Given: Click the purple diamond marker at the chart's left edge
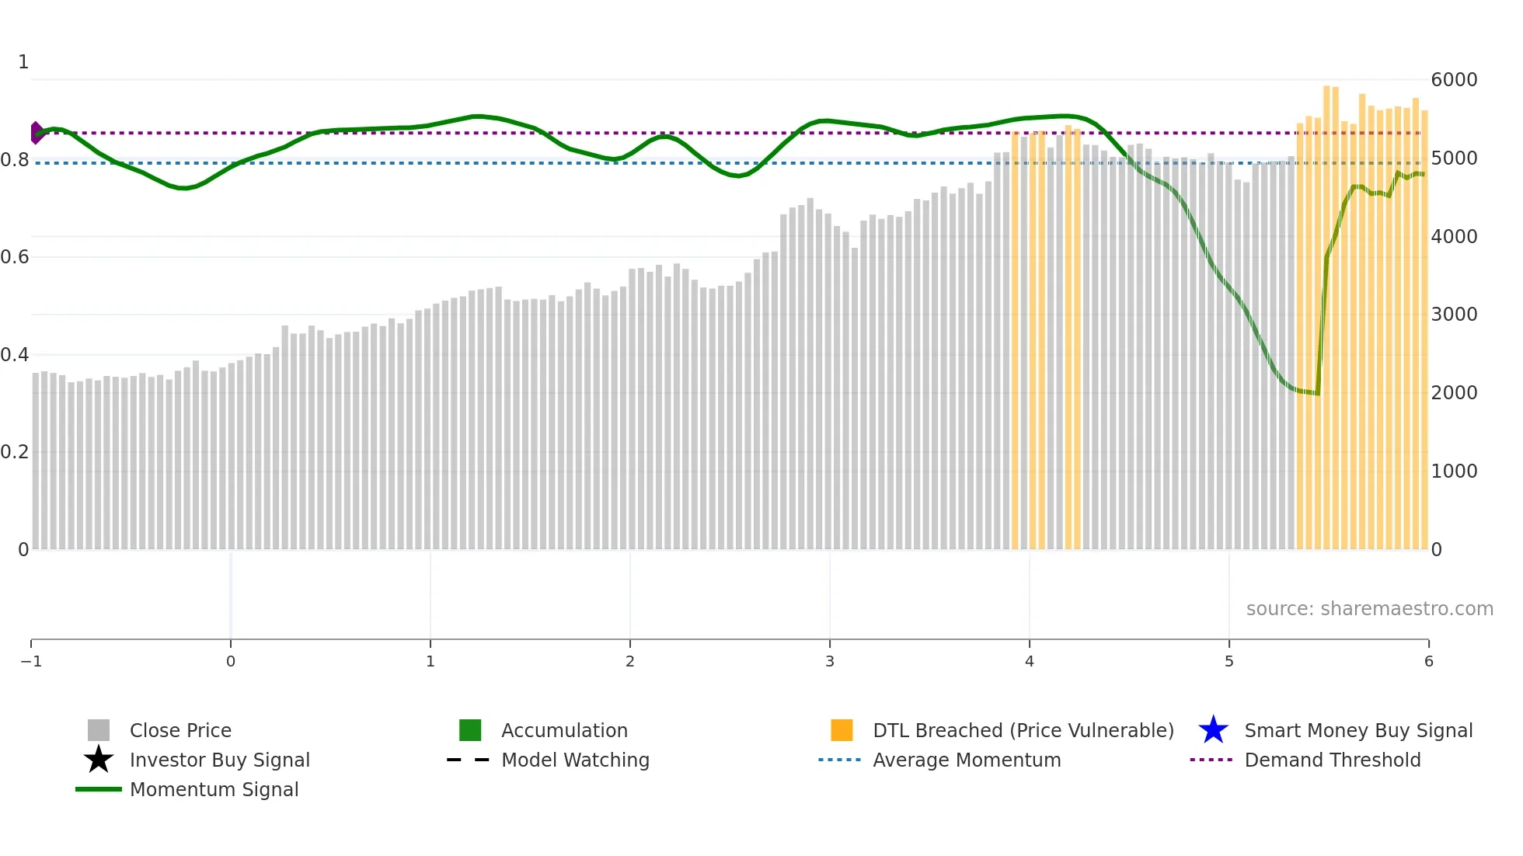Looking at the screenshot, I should pyautogui.click(x=36, y=133).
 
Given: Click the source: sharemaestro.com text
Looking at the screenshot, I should pyautogui.click(x=1369, y=609).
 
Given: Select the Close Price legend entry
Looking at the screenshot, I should pyautogui.click(x=179, y=730).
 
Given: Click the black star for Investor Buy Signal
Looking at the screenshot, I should pyautogui.click(x=99, y=760).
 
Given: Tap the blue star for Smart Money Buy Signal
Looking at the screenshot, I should pyautogui.click(x=1213, y=730).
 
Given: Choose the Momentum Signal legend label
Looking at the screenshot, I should pyautogui.click(x=214, y=789).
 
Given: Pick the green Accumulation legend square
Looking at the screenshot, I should pyautogui.click(x=470, y=730).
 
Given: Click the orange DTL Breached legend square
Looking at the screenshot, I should pyautogui.click(x=842, y=730).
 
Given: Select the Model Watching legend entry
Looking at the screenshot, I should pyautogui.click(x=574, y=760).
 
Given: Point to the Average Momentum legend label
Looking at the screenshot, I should pyautogui.click(x=967, y=760).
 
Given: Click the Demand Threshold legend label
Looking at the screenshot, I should pyautogui.click(x=1332, y=760).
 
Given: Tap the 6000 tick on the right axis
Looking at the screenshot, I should pyautogui.click(x=1454, y=80).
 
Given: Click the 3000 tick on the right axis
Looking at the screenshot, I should pyautogui.click(x=1454, y=315).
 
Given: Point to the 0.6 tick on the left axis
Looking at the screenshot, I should pyautogui.click(x=14, y=257).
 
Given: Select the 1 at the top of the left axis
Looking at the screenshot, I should pyautogui.click(x=23, y=62).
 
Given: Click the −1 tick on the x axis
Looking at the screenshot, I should pyautogui.click(x=31, y=661).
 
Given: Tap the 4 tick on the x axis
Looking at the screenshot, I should pyautogui.click(x=1030, y=661).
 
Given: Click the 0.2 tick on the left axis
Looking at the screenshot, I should pyautogui.click(x=14, y=452).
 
